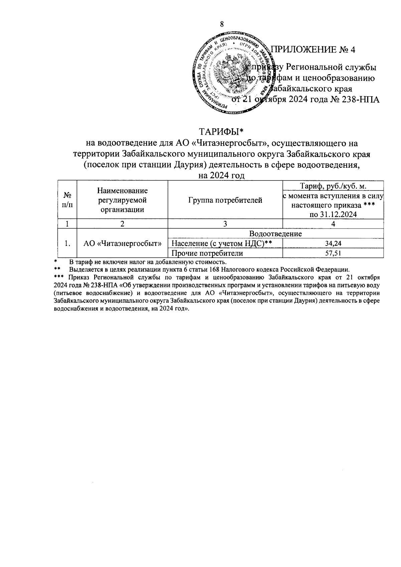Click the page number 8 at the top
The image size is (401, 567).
pyautogui.click(x=221, y=24)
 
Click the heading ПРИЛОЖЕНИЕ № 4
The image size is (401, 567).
pyautogui.click(x=313, y=49)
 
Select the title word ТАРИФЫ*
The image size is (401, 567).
pyautogui.click(x=222, y=132)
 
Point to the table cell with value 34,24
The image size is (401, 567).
pyautogui.click(x=333, y=244)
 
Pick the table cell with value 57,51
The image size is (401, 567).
pyautogui.click(x=333, y=253)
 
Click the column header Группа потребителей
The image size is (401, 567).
pyautogui.click(x=225, y=200)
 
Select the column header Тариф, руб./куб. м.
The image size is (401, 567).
pyautogui.click(x=333, y=186)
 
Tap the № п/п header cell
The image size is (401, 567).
pyautogui.click(x=68, y=200)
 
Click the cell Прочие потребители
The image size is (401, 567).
pyautogui.click(x=207, y=253)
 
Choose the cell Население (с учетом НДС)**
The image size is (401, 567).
pyautogui.click(x=221, y=244)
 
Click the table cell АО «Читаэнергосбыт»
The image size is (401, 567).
pyautogui.click(x=122, y=244)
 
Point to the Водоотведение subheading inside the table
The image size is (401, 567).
pyautogui.click(x=275, y=234)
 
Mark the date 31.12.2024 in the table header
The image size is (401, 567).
pyautogui.click(x=338, y=215)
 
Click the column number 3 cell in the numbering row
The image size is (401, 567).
pyautogui.click(x=225, y=224)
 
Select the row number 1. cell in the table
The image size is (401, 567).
pyautogui.click(x=68, y=244)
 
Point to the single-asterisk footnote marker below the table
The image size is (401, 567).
pyautogui.click(x=56, y=262)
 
